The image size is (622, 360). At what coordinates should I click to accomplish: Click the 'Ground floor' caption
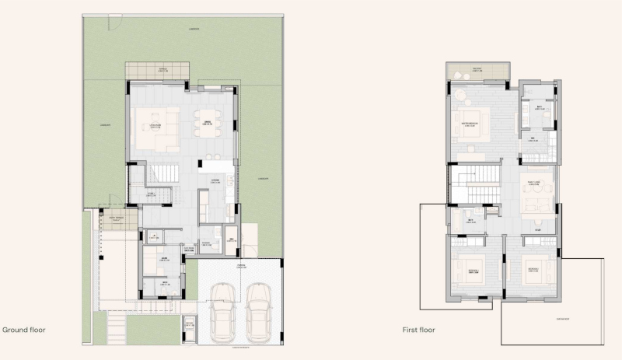pos(23,330)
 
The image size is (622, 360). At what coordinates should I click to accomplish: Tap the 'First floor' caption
pos(419,330)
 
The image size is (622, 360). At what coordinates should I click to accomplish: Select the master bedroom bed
pos(471,124)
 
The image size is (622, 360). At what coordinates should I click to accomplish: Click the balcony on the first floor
pos(477,72)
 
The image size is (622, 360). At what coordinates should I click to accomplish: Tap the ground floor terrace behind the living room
pos(157,72)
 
